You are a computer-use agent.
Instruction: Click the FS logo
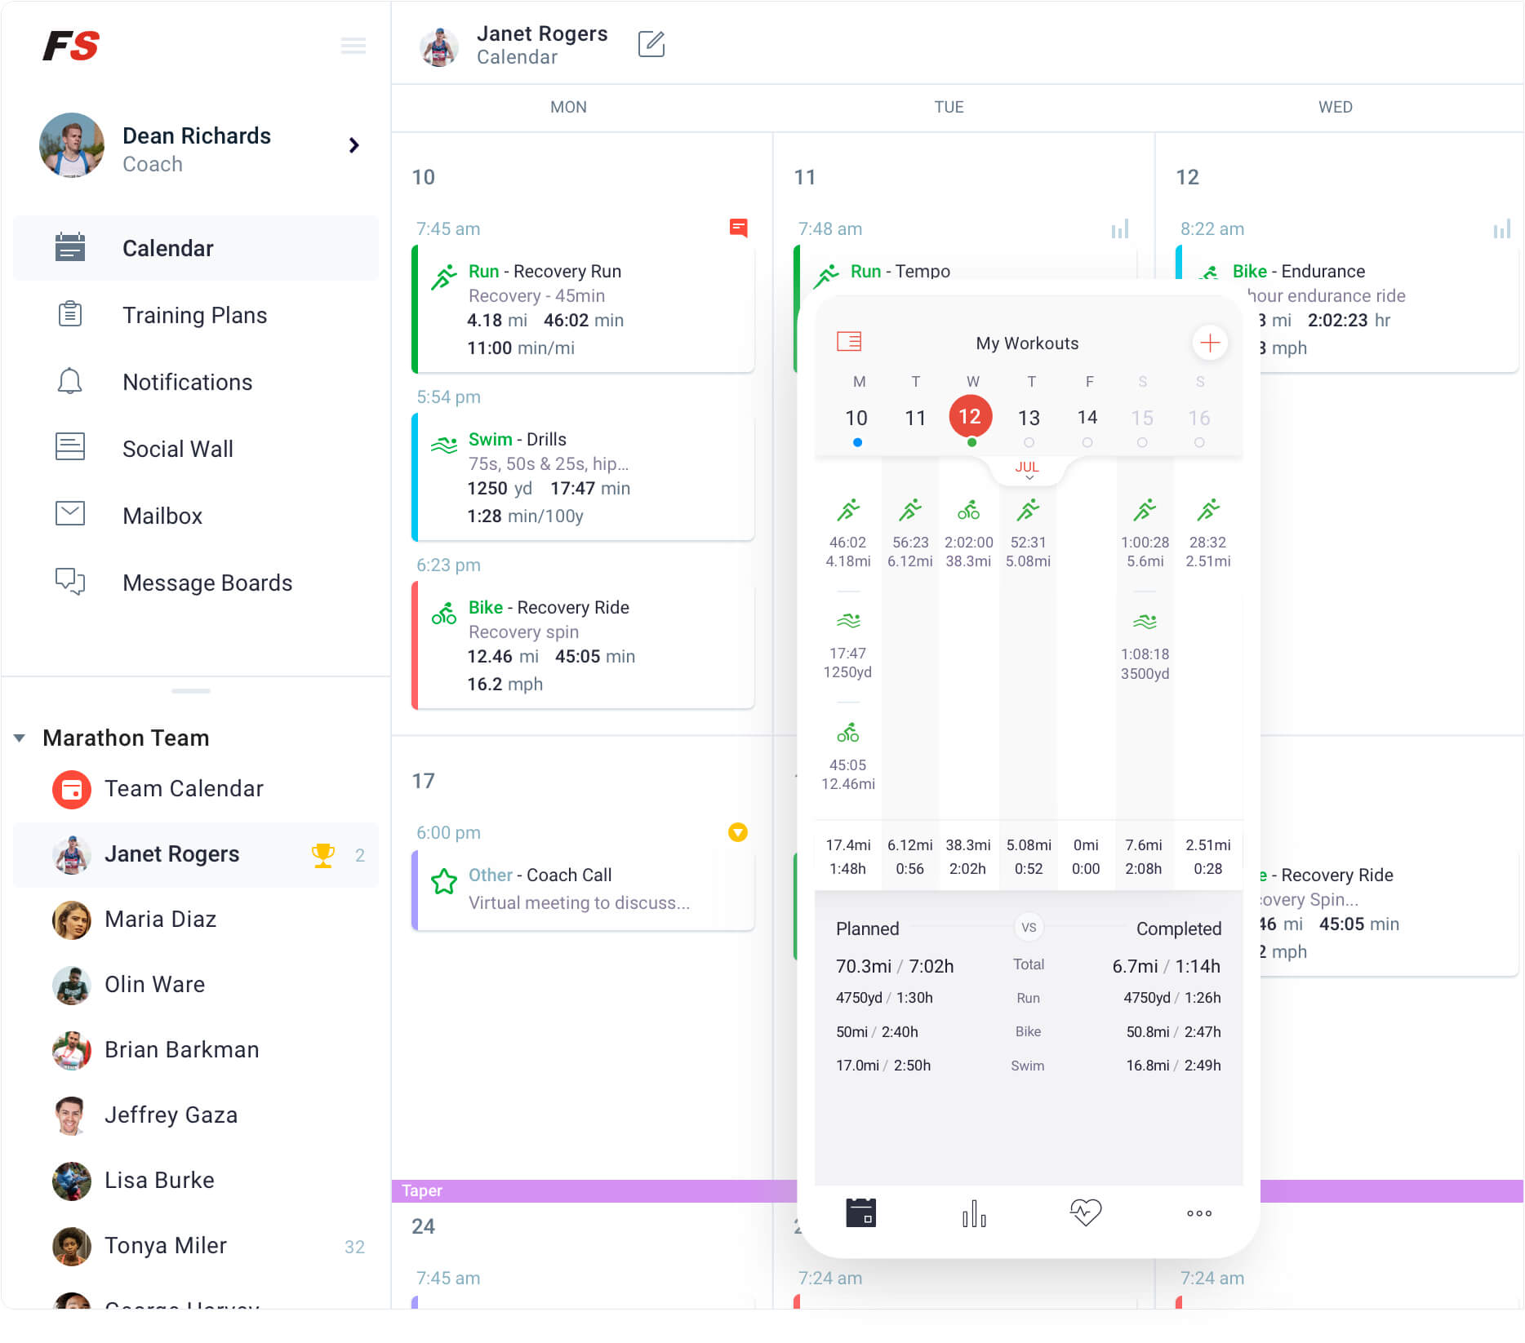point(71,46)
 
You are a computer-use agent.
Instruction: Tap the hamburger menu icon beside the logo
point(353,46)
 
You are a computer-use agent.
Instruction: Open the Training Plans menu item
point(194,315)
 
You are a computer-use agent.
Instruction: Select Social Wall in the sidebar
point(177,449)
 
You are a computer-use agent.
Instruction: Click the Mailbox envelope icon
point(70,514)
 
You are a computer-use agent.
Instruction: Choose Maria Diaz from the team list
point(160,920)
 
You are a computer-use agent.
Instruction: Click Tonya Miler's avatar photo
point(72,1246)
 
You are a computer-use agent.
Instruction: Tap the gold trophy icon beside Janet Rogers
point(323,854)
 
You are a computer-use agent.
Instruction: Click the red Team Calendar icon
point(72,789)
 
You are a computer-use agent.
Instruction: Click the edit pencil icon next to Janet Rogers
point(651,44)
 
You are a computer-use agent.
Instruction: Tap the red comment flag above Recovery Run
point(738,228)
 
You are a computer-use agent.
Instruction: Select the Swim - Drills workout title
point(518,440)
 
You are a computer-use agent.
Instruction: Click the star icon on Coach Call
point(444,881)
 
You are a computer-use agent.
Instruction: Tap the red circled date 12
point(970,417)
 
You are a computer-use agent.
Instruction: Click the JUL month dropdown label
point(1027,468)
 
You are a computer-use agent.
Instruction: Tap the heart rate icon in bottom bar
point(1085,1212)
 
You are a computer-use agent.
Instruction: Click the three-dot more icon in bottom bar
point(1198,1213)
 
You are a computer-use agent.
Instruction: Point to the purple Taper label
point(422,1190)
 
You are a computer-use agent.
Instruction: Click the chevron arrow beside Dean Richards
point(353,145)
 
